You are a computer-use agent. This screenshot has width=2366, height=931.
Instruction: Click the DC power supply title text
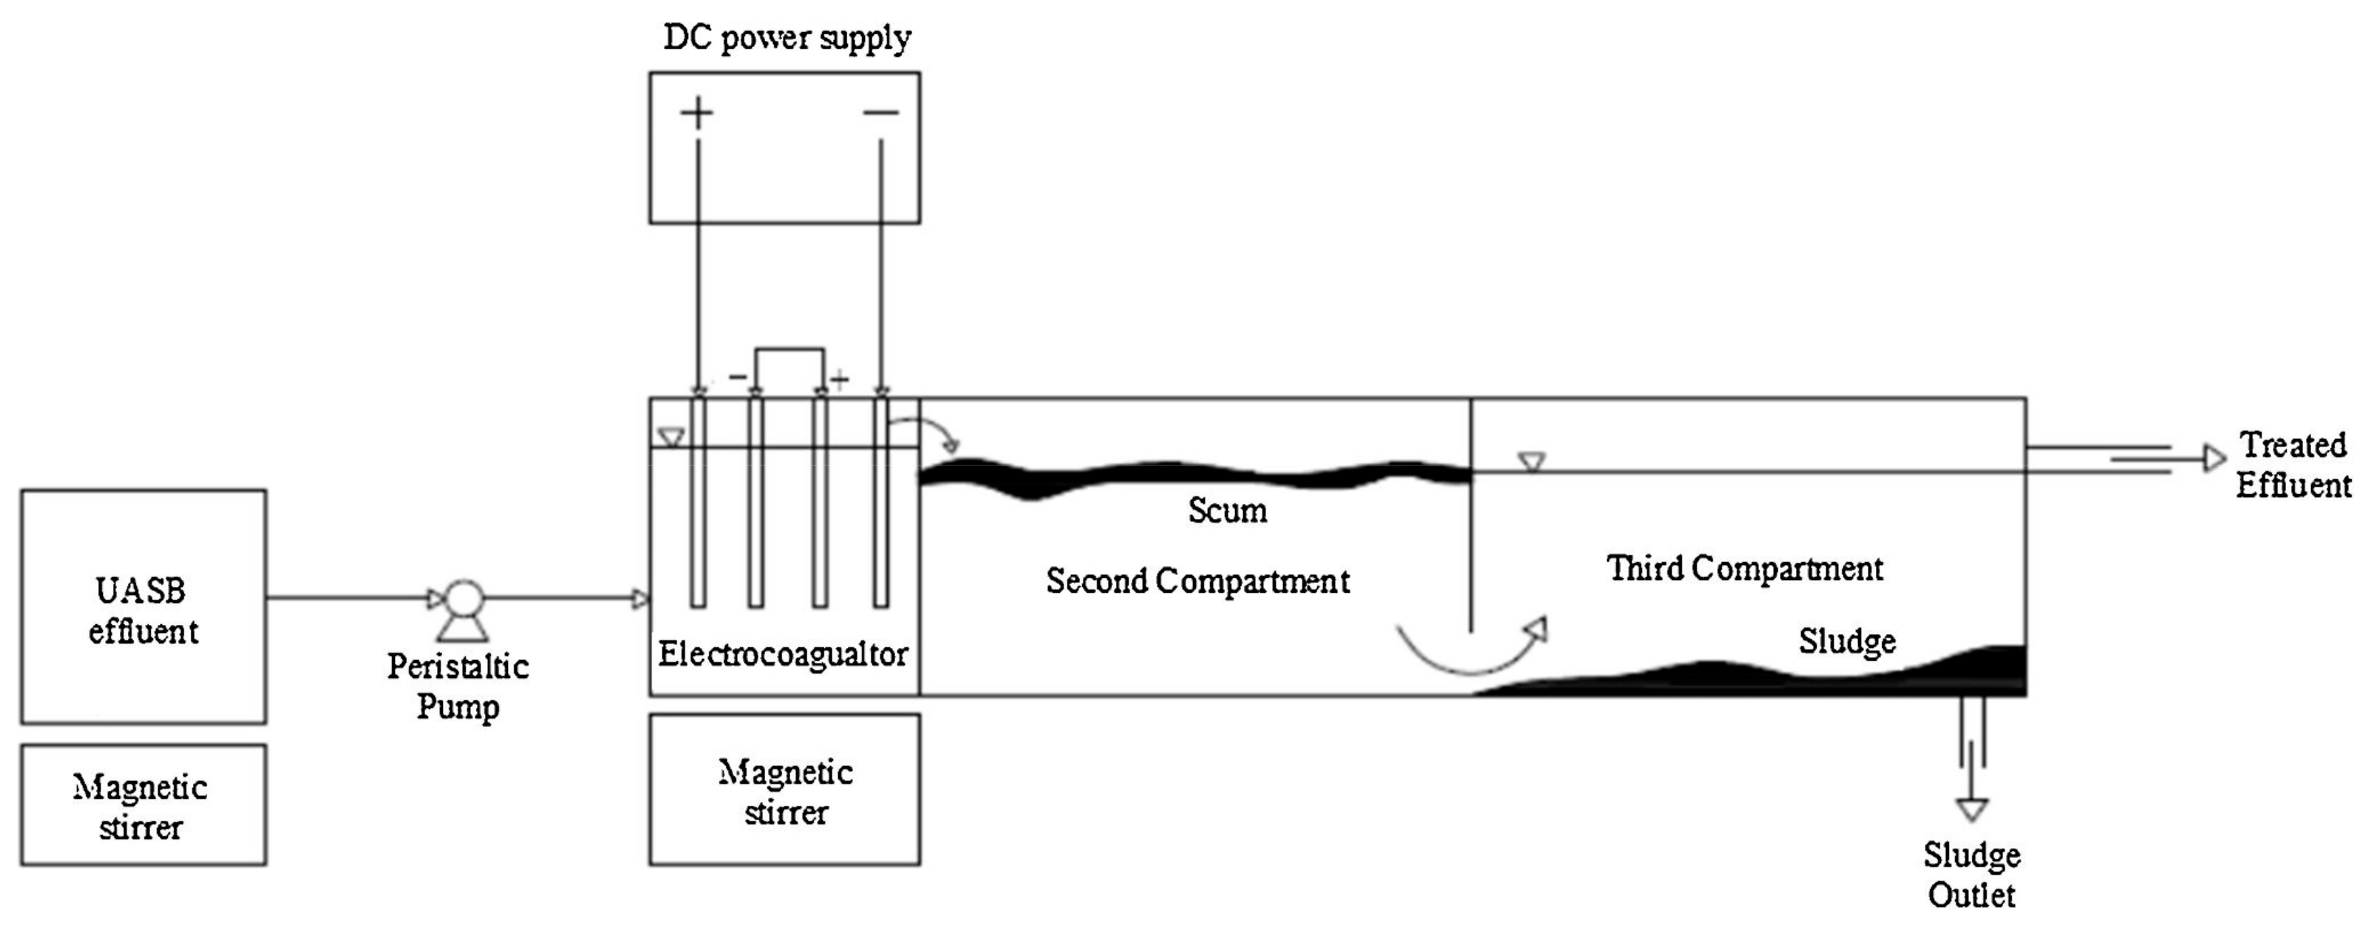coord(787,39)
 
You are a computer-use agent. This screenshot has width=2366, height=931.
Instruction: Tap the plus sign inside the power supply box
coord(697,113)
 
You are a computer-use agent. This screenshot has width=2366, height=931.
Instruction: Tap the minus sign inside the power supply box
coord(881,113)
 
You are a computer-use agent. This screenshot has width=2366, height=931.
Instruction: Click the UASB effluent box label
coord(142,610)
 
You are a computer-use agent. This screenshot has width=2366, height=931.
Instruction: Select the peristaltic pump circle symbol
coord(464,599)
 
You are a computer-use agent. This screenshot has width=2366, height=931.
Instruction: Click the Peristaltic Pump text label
coord(457,686)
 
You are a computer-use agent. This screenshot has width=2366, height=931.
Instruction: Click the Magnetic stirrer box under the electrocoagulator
coord(784,790)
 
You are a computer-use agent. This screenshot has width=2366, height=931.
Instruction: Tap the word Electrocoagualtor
coord(782,654)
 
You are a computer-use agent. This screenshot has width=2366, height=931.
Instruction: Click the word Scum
coord(1227,510)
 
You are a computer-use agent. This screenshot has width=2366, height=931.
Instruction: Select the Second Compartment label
coord(1198,581)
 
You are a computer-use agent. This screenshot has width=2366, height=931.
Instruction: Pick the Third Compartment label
coord(1744,568)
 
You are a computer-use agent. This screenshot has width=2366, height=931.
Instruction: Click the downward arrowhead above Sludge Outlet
coord(1972,809)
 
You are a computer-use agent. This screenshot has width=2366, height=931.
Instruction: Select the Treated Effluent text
coord(2293,465)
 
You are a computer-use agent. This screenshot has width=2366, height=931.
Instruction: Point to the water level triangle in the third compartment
coord(1531,461)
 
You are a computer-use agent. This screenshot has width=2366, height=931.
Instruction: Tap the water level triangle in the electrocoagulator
coord(672,438)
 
